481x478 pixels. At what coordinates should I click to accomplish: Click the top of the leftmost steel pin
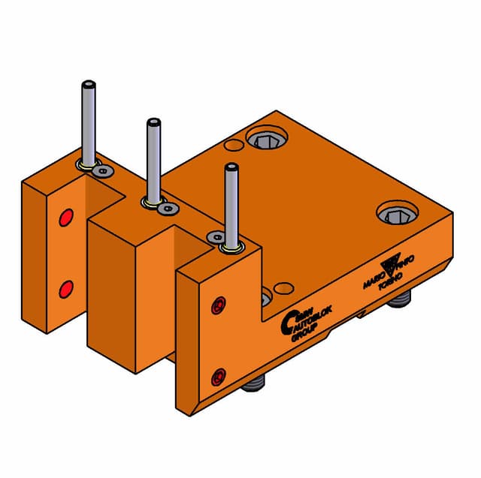pyautogui.click(x=88, y=85)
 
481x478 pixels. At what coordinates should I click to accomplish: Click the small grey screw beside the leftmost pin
pyautogui.click(x=103, y=172)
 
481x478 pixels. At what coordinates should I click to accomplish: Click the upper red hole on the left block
pyautogui.click(x=65, y=218)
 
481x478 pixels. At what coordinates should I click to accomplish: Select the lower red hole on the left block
pyautogui.click(x=65, y=287)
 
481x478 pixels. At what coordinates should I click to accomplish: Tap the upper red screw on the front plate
pyautogui.click(x=219, y=305)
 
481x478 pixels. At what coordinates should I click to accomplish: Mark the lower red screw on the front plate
pyautogui.click(x=219, y=375)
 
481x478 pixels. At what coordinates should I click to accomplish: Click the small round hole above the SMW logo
pyautogui.click(x=283, y=288)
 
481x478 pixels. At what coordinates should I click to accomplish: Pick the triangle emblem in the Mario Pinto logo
pyautogui.click(x=391, y=264)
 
